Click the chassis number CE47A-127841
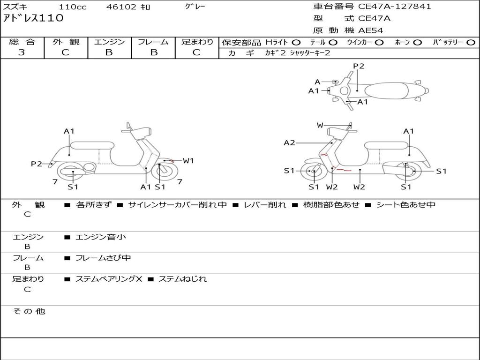[x=394, y=7]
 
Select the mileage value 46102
[x=121, y=7]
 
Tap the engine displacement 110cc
[x=72, y=7]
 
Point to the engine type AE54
[x=371, y=30]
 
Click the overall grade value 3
[x=22, y=52]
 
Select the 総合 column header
[x=22, y=42]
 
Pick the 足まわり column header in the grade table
[x=197, y=42]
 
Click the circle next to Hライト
[x=296, y=42]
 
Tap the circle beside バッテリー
[x=471, y=42]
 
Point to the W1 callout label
[x=188, y=161]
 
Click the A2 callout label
[x=289, y=143]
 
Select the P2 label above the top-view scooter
[x=359, y=66]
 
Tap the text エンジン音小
[x=101, y=237]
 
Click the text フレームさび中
[x=103, y=258]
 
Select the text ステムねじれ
[x=182, y=279]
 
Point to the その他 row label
[x=29, y=311]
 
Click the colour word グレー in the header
[x=195, y=7]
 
